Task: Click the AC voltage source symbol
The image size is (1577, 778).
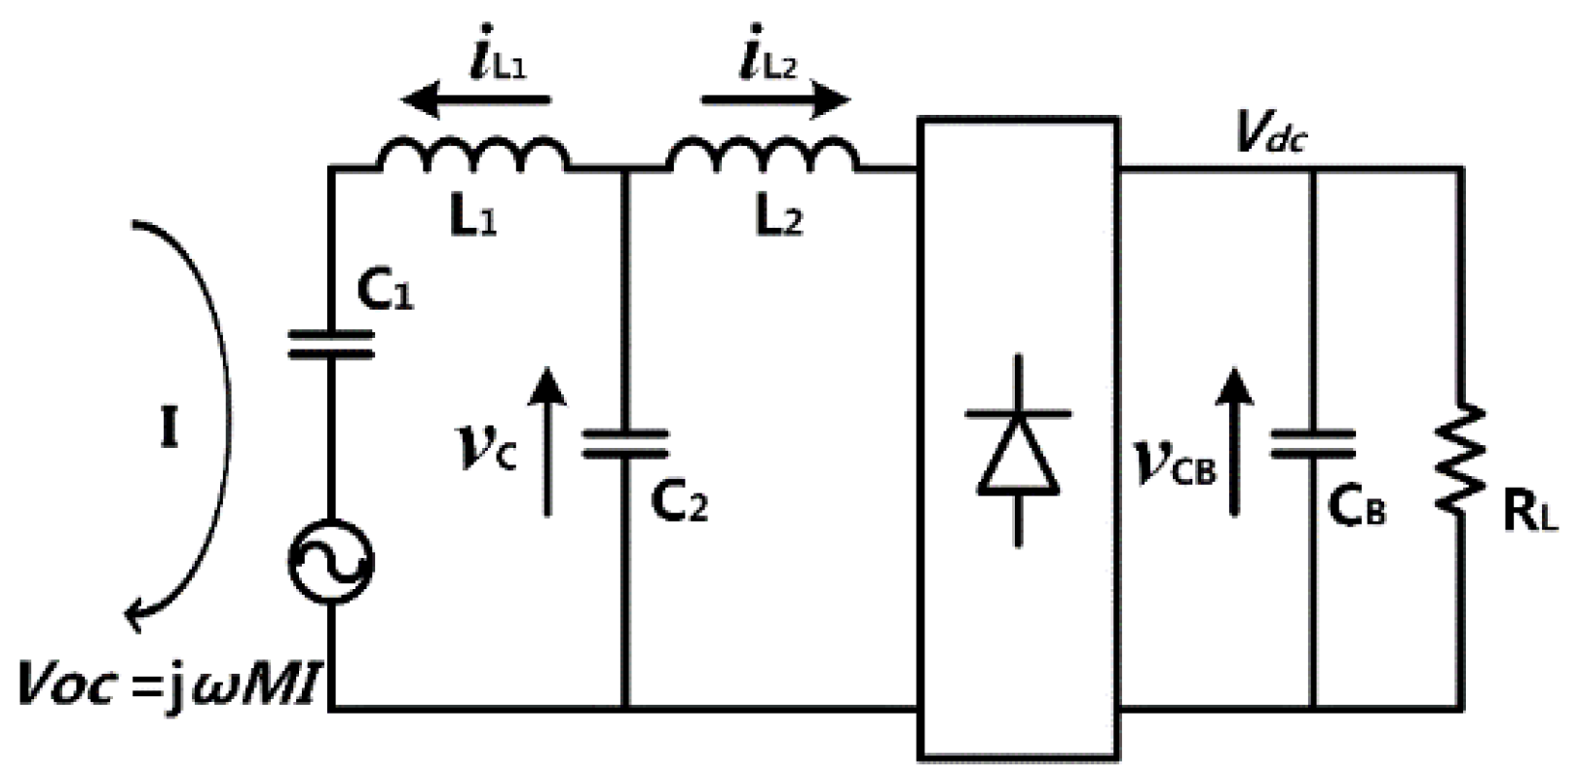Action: [331, 562]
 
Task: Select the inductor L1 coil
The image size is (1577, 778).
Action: [473, 156]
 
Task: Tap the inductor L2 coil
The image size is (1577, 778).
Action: [763, 156]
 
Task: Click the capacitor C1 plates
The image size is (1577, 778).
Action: [331, 345]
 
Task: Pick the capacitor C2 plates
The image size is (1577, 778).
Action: [625, 443]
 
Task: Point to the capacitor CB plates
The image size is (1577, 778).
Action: [1312, 443]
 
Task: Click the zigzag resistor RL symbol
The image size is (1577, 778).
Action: [1461, 458]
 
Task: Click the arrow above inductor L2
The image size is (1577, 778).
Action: [775, 99]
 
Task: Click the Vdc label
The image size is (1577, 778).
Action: [1270, 133]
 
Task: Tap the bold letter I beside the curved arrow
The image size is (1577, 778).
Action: [169, 428]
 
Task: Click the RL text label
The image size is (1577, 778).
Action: [1530, 514]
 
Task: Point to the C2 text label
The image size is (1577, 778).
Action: [679, 502]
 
